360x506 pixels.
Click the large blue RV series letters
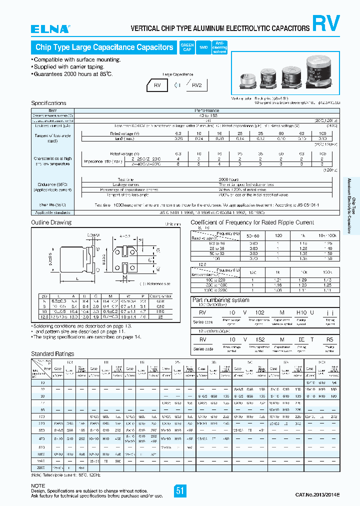point(326,24)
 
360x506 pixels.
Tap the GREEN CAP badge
point(186,47)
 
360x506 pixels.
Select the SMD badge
point(203,47)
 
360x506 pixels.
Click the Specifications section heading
point(48,103)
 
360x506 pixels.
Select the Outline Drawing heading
point(51,222)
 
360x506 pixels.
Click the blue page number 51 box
point(180,490)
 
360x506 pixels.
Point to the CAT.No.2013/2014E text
point(317,494)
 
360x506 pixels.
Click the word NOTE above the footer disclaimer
point(38,485)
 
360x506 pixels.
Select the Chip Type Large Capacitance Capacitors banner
point(104,47)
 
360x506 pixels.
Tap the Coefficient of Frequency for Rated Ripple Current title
point(252,222)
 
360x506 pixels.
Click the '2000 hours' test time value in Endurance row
point(229,179)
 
